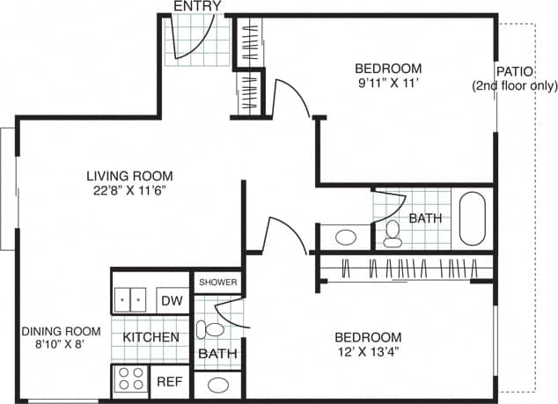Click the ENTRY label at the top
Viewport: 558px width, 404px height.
point(197,6)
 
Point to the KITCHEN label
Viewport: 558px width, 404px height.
point(151,337)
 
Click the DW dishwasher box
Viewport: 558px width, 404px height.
point(172,300)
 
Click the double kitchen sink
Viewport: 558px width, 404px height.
point(133,299)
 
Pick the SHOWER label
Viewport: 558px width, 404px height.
point(217,283)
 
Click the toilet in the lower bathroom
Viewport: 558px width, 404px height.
point(210,330)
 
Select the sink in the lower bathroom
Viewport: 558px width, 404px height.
point(217,385)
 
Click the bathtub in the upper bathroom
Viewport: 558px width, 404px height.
point(473,217)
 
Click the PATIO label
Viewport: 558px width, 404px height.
point(512,71)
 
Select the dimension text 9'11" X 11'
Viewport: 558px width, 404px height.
point(388,84)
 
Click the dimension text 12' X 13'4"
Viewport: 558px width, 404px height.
point(368,353)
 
